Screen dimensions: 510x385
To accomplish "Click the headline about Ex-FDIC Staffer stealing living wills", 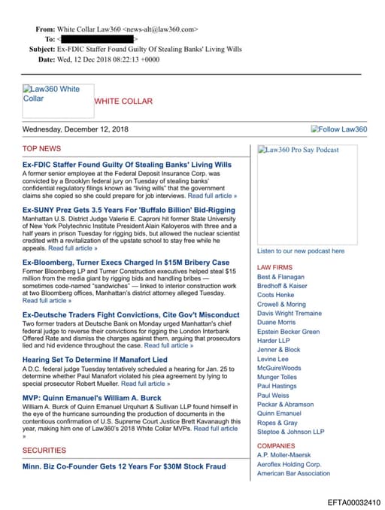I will tap(127, 164).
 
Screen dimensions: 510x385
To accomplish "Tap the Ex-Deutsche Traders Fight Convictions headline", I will tap(131, 314).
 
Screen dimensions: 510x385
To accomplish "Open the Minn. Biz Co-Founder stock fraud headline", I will tap(124, 466).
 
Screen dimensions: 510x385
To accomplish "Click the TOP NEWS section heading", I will tap(41, 148).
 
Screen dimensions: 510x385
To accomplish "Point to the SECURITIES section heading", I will tap(44, 450).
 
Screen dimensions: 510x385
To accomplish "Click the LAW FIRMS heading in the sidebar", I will tap(274, 267).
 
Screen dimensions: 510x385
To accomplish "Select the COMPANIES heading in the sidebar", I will tap(276, 446).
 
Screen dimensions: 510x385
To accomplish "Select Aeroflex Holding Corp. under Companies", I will tap(289, 464).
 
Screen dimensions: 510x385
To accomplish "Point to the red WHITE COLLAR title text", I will tap(123, 101).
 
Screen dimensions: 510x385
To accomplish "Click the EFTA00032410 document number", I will tap(354, 502).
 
